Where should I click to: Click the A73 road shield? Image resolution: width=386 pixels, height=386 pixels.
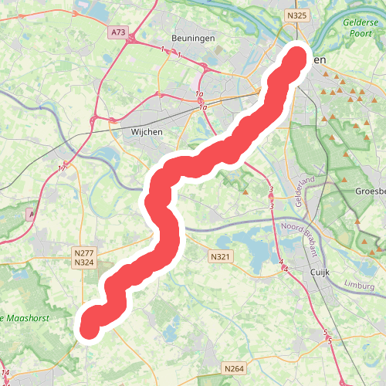click(118, 32)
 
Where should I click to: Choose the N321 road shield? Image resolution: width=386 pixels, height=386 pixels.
click(220, 256)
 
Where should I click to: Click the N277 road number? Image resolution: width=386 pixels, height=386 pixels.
click(83, 252)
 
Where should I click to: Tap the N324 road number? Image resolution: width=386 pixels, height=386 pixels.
click(83, 262)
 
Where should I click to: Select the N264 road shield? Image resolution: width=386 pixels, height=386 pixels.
click(233, 369)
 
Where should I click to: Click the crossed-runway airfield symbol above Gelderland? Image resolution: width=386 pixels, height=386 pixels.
click(320, 169)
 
